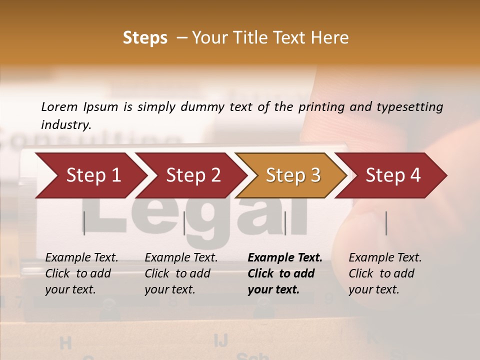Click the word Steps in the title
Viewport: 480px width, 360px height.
145,38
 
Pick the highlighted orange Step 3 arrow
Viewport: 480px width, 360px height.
293,175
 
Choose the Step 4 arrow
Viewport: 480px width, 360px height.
393,175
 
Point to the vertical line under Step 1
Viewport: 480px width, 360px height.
84,223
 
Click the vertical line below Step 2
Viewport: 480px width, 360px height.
184,223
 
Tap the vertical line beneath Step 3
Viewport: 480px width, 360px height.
285,223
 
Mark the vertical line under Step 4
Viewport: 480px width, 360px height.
386,223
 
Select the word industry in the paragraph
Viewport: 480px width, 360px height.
66,125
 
